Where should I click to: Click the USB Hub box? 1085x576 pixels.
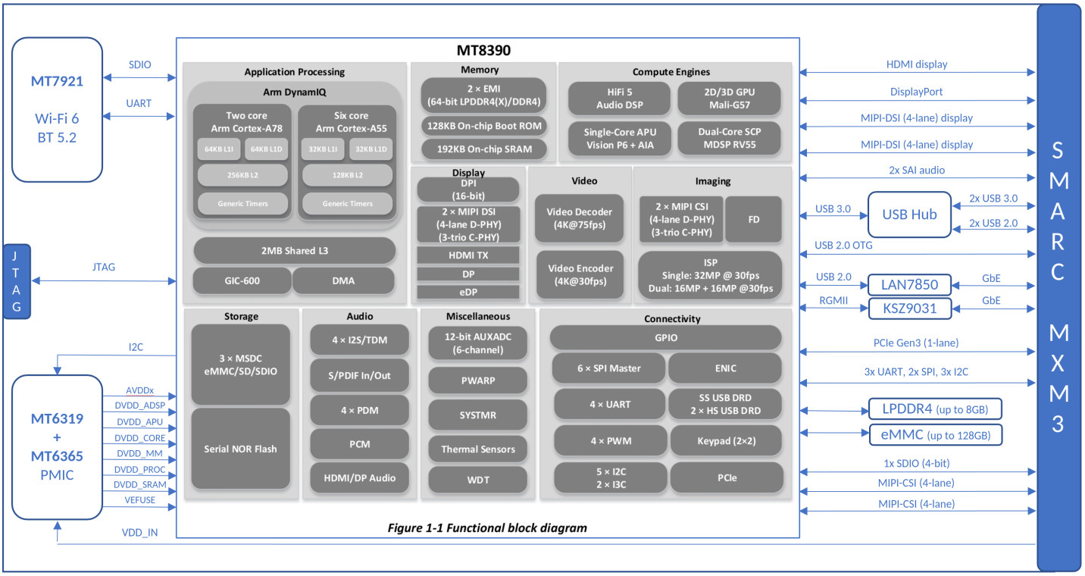[909, 214]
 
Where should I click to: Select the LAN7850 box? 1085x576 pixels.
[909, 284]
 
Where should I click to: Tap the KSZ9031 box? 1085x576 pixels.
[909, 308]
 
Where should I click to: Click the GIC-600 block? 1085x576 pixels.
[242, 280]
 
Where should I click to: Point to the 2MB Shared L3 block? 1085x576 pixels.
[295, 250]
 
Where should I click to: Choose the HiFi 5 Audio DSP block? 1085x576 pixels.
[620, 99]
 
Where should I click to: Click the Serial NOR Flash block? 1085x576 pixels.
[240, 449]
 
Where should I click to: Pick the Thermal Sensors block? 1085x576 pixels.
[477, 449]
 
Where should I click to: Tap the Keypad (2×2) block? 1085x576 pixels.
[726, 441]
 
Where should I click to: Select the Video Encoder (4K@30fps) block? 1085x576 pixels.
[580, 274]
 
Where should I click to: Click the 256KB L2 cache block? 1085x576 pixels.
[242, 175]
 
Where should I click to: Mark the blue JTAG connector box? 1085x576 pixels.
[17, 281]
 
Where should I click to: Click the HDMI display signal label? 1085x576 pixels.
[917, 64]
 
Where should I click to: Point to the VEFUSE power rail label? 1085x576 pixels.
[139, 500]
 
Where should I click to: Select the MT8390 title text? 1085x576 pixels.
[483, 50]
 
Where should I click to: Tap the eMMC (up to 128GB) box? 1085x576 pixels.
[935, 435]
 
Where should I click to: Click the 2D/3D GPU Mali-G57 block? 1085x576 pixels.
[729, 99]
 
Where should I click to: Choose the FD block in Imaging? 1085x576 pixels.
[754, 220]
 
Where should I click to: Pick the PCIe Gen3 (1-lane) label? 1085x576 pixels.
[915, 343]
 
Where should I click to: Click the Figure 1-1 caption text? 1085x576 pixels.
[486, 527]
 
